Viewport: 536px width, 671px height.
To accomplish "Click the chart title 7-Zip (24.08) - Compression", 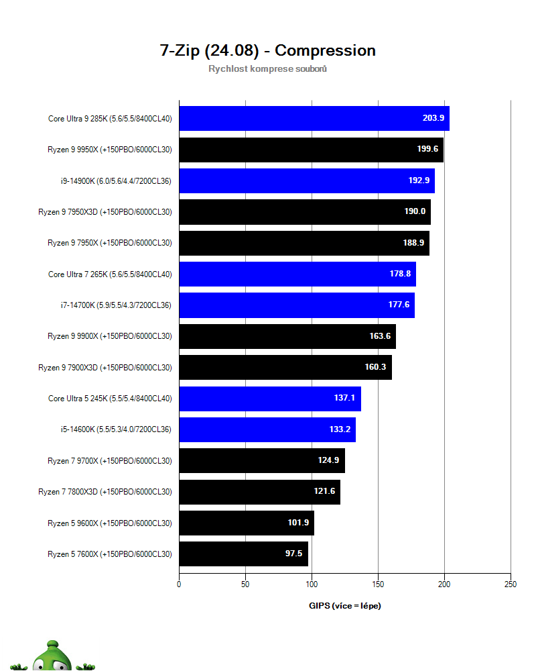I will tap(267, 50).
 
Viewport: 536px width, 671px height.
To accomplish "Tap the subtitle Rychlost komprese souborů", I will tap(267, 69).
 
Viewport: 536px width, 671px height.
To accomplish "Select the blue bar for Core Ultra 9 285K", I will tap(314, 118).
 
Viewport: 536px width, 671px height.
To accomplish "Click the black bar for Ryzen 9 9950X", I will tap(311, 150).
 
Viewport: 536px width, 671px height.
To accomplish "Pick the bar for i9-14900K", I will tap(306, 180).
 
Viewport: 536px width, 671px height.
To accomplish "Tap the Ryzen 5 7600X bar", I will tap(243, 554).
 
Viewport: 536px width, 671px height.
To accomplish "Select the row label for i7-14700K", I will tap(116, 305).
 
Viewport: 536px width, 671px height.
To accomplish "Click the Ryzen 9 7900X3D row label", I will tap(105, 368).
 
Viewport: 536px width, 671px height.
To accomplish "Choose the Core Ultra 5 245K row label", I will tap(110, 399).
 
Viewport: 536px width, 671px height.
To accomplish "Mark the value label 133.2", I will tap(341, 429).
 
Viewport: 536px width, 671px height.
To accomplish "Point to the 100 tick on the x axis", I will tap(312, 584).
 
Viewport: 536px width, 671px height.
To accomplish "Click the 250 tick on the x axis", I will tap(511, 584).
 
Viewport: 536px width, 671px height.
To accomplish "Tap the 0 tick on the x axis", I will tap(179, 584).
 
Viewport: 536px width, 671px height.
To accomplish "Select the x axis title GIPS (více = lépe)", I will tap(344, 606).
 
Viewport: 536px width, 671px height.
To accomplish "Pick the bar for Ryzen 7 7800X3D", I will tap(259, 492).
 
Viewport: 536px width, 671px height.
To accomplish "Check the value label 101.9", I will tap(299, 523).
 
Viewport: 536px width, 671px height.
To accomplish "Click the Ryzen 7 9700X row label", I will tap(110, 461).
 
